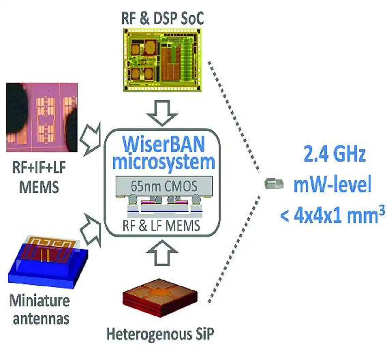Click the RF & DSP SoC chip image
coord(162,60)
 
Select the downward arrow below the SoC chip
coord(162,113)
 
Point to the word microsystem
coord(164,162)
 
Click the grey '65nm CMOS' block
coord(164,185)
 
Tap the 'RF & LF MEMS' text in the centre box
coord(161,226)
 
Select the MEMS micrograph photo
coord(42,117)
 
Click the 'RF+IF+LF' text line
coord(39,168)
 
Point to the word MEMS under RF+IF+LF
coord(39,187)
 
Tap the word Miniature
coord(39,301)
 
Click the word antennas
coord(41,318)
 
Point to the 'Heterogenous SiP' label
coord(160,334)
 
